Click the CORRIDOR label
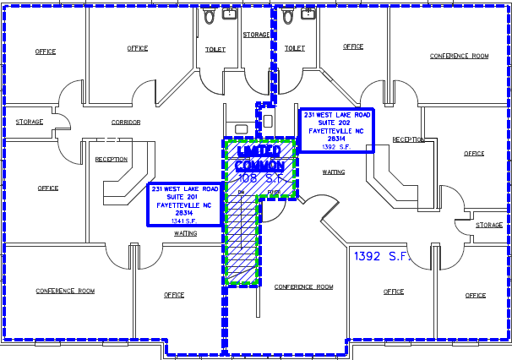[125, 123]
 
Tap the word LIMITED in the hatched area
[258, 150]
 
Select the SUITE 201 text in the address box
[185, 197]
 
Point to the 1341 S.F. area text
[185, 221]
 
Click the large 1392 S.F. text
[381, 255]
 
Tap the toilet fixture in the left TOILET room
[210, 16]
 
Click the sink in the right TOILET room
[307, 14]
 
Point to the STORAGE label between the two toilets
[256, 35]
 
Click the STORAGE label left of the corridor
[29, 122]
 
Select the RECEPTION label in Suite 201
[111, 159]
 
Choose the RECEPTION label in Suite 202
[408, 139]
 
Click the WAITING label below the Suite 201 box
[185, 233]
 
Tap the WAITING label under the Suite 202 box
[334, 172]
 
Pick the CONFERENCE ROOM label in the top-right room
[459, 56]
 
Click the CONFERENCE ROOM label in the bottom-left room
[64, 291]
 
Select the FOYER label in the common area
[273, 193]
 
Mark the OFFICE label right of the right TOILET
[353, 46]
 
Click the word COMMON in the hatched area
[259, 165]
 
